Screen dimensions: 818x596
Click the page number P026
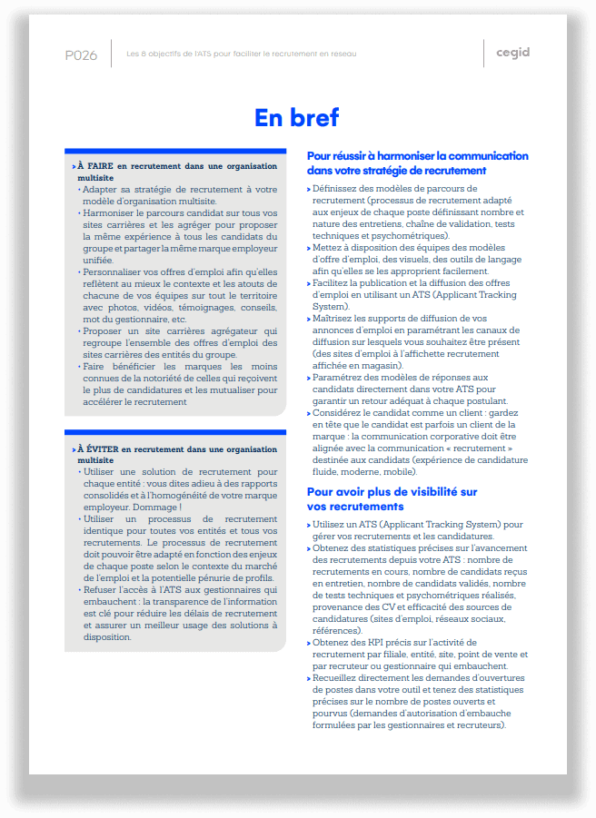coord(81,54)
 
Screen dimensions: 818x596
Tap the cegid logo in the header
coord(512,53)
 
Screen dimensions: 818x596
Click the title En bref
coord(297,117)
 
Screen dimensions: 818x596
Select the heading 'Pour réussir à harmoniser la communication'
coord(418,156)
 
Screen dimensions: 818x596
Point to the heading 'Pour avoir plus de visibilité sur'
coord(392,492)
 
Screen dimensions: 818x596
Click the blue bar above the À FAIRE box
coord(175,151)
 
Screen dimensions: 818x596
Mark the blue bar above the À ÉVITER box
coord(175,432)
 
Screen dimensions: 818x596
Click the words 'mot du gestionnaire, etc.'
coord(134,320)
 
